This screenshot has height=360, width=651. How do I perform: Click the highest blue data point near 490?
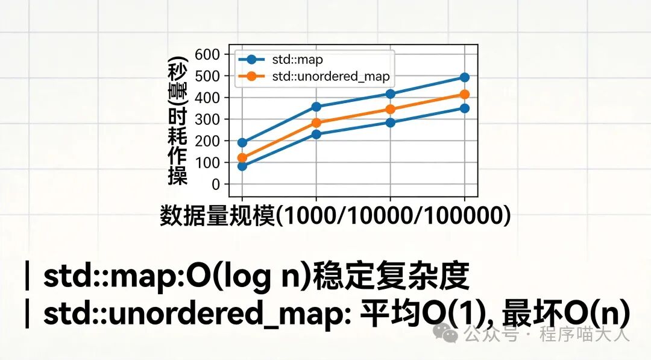point(464,77)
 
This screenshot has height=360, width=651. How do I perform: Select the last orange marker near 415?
point(464,94)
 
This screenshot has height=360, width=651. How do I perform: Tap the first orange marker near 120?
point(242,158)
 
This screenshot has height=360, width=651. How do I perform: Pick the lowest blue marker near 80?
point(242,166)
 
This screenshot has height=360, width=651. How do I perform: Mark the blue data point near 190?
point(242,143)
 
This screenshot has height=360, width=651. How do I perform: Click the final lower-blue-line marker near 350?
point(464,108)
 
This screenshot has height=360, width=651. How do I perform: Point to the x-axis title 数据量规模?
point(217,216)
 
